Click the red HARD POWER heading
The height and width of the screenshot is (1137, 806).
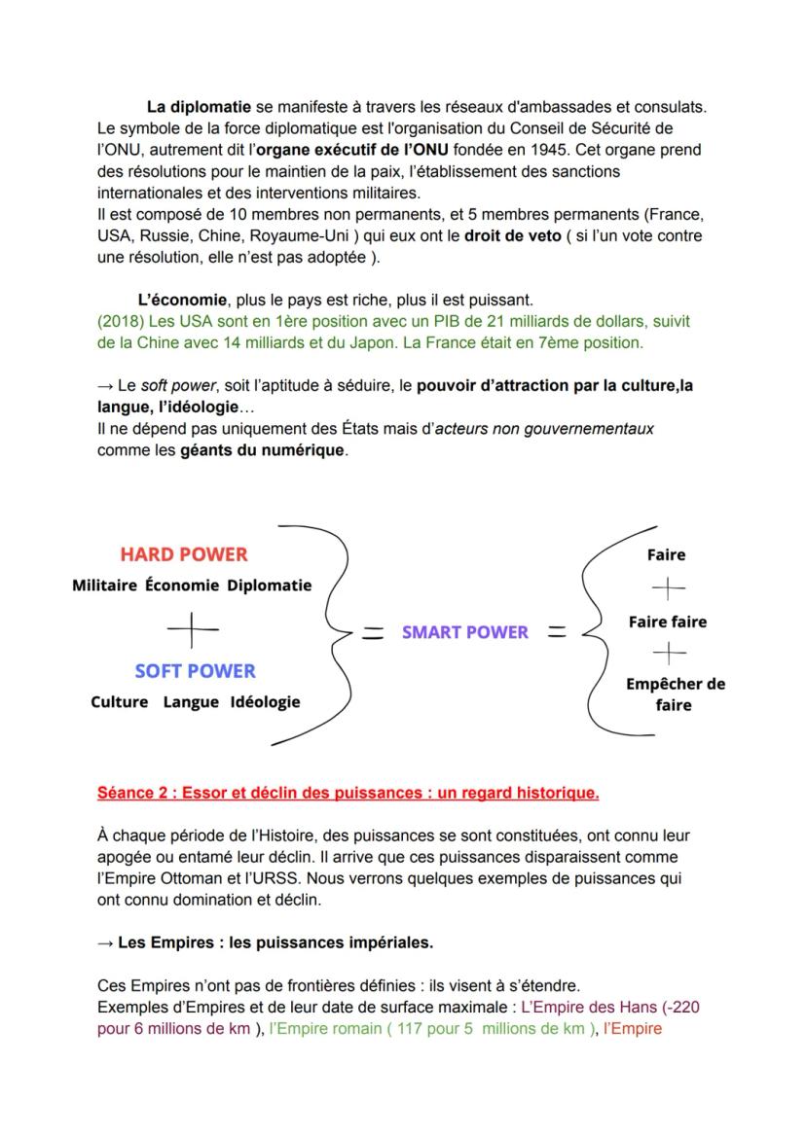tap(184, 554)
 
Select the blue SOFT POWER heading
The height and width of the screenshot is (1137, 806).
tap(195, 671)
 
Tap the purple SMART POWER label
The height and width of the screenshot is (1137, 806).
tap(465, 632)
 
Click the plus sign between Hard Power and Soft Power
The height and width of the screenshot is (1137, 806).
tap(193, 630)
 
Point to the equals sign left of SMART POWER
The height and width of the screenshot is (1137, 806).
tap(371, 633)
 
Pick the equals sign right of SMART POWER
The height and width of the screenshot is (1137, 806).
tap(556, 632)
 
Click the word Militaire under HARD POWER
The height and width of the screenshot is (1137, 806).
tap(104, 586)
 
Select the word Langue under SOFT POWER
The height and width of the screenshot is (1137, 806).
tap(191, 702)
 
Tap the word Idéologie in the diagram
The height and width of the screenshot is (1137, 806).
tap(265, 702)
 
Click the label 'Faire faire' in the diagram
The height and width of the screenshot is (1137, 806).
tap(668, 622)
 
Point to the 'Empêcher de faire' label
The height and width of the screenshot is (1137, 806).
tap(675, 693)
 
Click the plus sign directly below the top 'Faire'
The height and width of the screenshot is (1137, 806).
tap(668, 587)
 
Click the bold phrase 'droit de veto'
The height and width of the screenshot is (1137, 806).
tap(511, 235)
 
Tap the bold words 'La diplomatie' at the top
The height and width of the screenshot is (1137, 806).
tap(199, 106)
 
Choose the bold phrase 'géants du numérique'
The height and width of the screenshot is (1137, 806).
tap(263, 450)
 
